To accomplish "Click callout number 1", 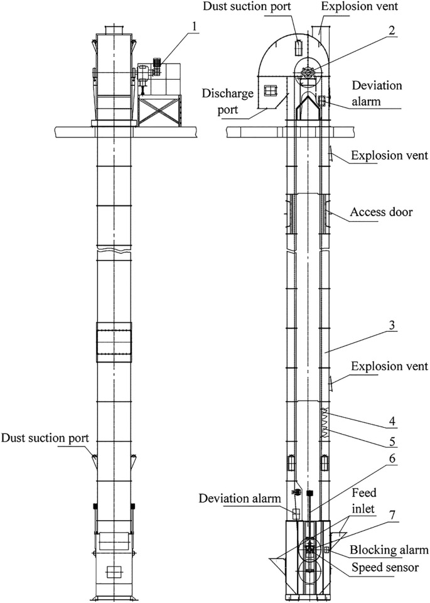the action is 195,26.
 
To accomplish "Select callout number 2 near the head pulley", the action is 391,30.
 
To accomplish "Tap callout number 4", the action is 392,421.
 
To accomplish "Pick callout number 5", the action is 392,441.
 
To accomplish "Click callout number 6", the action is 392,459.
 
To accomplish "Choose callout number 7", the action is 392,516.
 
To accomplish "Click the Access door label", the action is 381,212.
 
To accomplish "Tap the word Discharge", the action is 227,94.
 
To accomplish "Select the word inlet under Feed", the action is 363,508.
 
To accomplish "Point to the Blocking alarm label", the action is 389,550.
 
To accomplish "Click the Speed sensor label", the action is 385,567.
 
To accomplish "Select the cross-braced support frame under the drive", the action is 159,112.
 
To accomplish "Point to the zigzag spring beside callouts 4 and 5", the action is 325,423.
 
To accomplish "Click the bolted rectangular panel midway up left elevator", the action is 114,342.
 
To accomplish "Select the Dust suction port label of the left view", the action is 45,438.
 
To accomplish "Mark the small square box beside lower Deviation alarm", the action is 296,514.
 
